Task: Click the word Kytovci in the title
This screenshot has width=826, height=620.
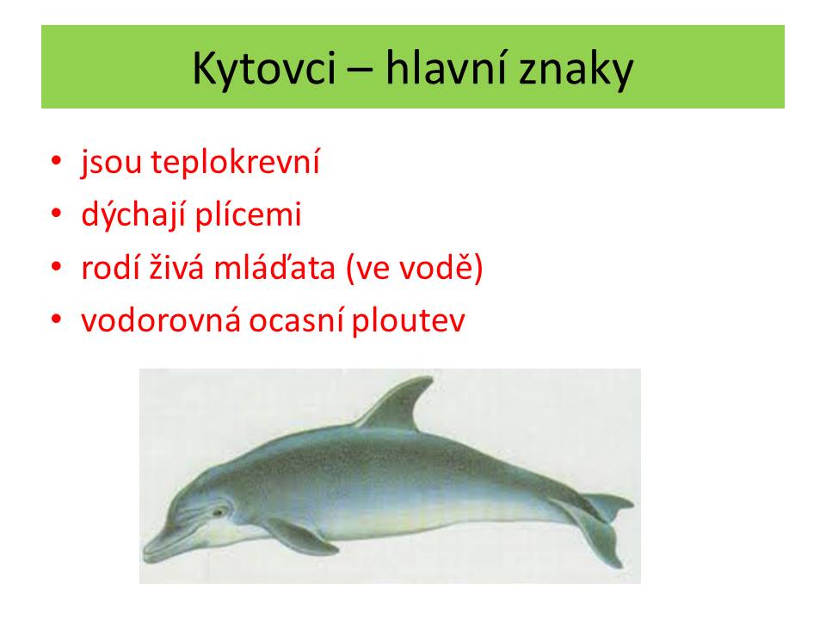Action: tap(264, 69)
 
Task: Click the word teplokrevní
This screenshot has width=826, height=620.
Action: tap(235, 162)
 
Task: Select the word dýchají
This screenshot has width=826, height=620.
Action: tap(134, 214)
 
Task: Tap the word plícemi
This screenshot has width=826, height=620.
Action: tap(248, 214)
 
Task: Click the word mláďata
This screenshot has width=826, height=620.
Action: tap(274, 266)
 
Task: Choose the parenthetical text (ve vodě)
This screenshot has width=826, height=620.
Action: tap(414, 268)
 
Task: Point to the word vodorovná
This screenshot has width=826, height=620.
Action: tap(161, 319)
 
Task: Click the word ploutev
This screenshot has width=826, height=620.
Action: tap(408, 320)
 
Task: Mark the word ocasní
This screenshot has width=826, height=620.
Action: tap(297, 320)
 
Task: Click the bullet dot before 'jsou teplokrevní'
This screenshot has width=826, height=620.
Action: tap(57, 160)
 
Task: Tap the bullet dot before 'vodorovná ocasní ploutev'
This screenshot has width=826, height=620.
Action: tap(57, 319)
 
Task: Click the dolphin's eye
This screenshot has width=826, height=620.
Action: tap(218, 512)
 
